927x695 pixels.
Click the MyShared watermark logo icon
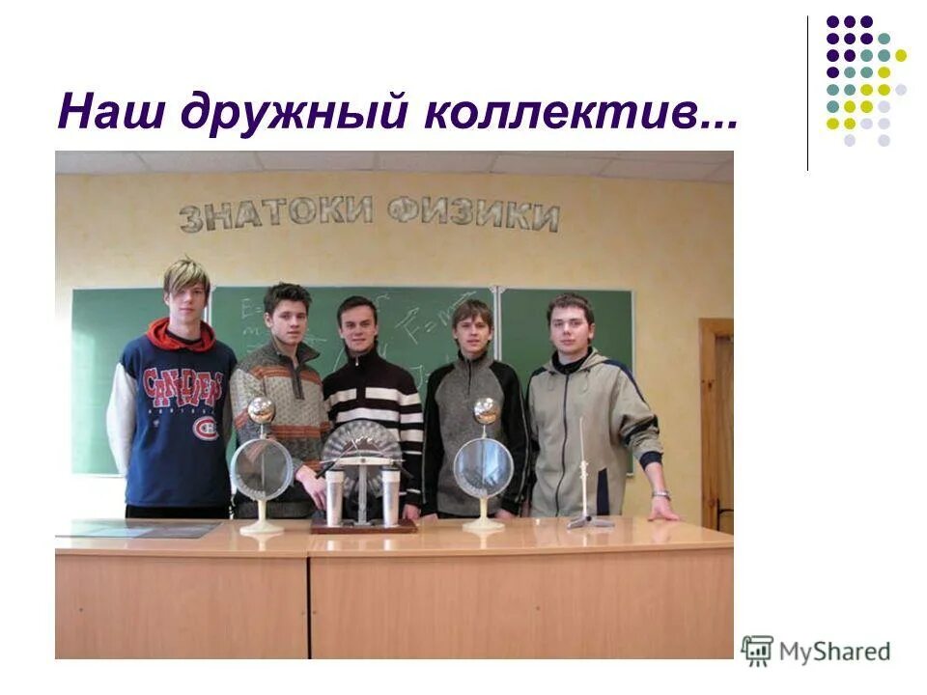pos(758,651)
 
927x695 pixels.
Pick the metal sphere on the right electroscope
pos(486,411)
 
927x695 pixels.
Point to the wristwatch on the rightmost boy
pos(660,494)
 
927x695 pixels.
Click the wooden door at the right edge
pos(717,425)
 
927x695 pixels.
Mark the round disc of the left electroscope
pos(261,470)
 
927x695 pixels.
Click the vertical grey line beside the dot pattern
pos(808,93)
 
